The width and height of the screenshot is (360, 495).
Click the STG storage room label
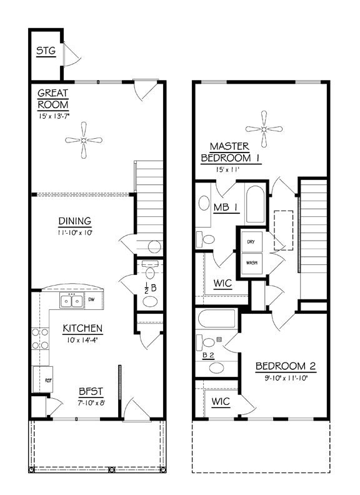point(45,51)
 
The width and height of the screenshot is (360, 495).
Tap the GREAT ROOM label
point(52,99)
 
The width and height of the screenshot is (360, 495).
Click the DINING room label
point(75,221)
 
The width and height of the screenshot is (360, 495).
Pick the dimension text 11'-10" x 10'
point(75,232)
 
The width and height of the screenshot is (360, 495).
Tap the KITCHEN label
point(82,328)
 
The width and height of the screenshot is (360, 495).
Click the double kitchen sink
point(71,302)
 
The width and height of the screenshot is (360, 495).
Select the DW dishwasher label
point(92,300)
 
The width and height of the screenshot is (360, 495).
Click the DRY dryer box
point(252,242)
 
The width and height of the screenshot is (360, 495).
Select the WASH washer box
point(252,262)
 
